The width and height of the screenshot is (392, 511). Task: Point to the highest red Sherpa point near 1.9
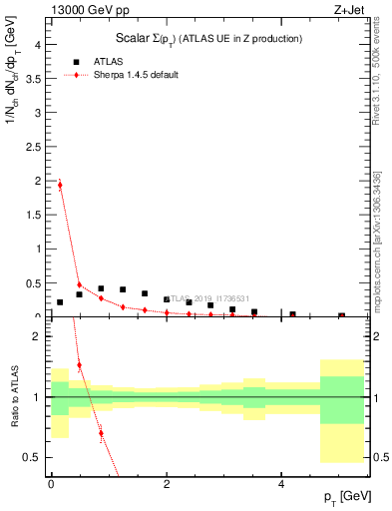(x=60, y=185)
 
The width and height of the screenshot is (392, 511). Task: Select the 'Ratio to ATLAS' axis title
(x=14, y=396)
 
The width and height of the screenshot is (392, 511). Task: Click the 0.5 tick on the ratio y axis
(x=35, y=457)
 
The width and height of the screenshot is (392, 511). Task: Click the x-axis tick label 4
(x=282, y=484)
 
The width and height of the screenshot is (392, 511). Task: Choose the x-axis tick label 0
(x=51, y=484)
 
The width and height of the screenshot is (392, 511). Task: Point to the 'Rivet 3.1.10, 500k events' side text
(x=377, y=90)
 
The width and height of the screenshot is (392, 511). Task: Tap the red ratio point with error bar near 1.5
(x=79, y=365)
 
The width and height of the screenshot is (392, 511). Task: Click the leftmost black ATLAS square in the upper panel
(x=60, y=301)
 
